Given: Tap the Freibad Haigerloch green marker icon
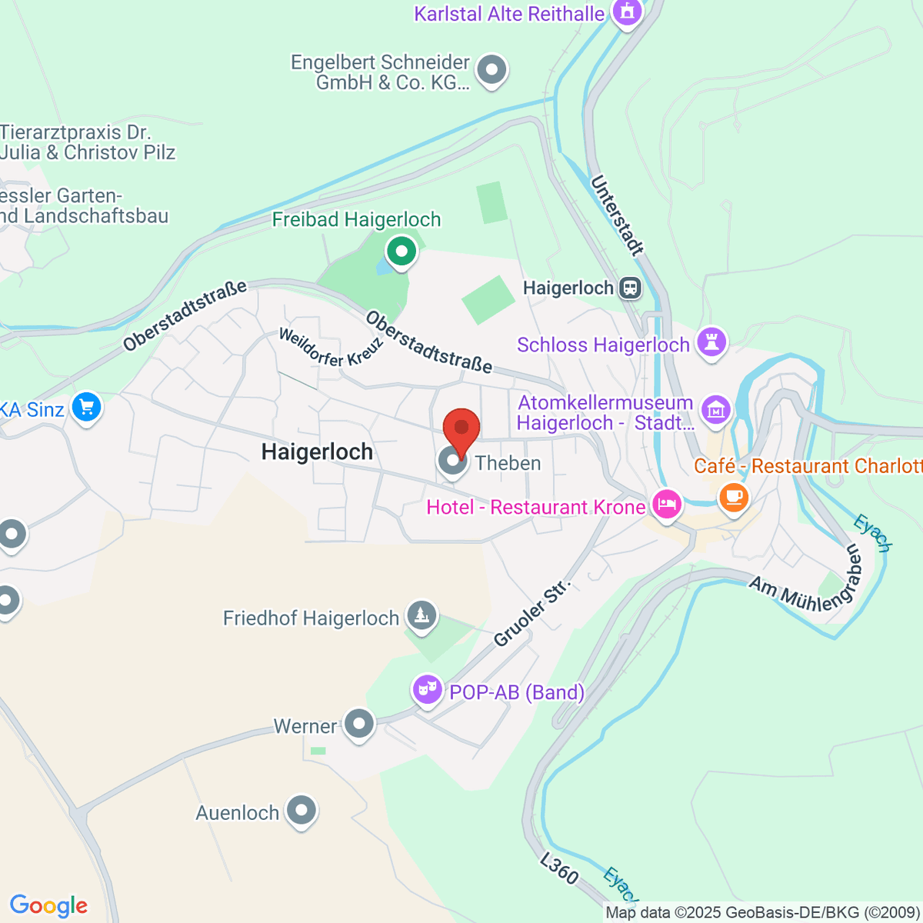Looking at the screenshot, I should (401, 251).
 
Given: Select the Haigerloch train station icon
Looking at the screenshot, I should (630, 288).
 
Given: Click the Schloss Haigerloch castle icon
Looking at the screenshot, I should (711, 342).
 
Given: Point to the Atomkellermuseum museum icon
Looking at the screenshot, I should (716, 410).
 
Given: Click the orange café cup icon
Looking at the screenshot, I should (734, 496).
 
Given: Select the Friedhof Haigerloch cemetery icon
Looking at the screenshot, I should (421, 615).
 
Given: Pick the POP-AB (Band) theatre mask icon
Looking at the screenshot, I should (427, 688).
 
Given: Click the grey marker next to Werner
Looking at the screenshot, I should (358, 724).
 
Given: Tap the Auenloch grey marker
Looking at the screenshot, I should (300, 810).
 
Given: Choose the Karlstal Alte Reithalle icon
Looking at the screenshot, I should (627, 12).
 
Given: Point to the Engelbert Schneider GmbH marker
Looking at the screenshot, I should (491, 71).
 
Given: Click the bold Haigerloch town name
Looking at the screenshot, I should (317, 452).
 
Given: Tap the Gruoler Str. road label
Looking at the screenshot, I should (533, 612).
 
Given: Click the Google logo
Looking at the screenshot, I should (48, 906).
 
